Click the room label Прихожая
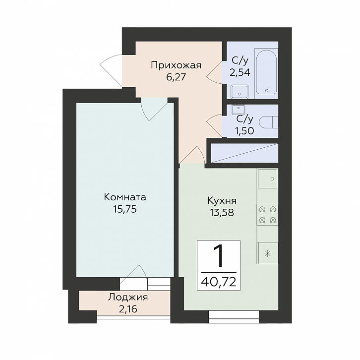click(176, 65)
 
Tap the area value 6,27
click(176, 77)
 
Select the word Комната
click(125, 197)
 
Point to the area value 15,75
click(125, 209)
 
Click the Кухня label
click(222, 201)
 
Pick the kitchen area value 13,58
click(222, 213)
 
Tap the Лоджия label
click(128, 298)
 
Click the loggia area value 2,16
click(128, 309)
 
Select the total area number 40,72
click(219, 282)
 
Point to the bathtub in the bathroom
click(266, 71)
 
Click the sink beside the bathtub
click(240, 92)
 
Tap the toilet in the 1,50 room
click(269, 121)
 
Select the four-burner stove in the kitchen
click(267, 215)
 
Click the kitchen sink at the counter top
click(267, 179)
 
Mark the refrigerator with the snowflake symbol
click(267, 253)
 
